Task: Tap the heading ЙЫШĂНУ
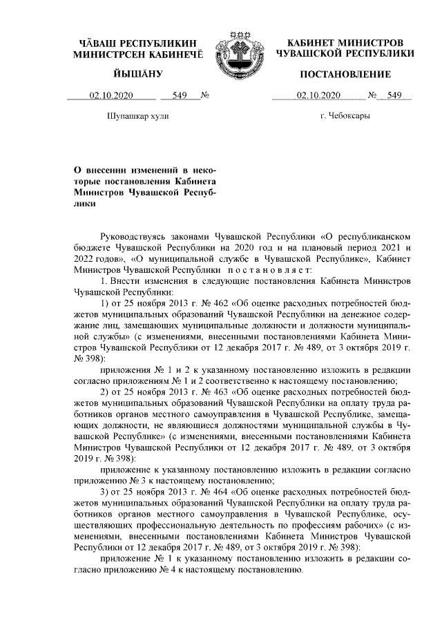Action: coord(138,74)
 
